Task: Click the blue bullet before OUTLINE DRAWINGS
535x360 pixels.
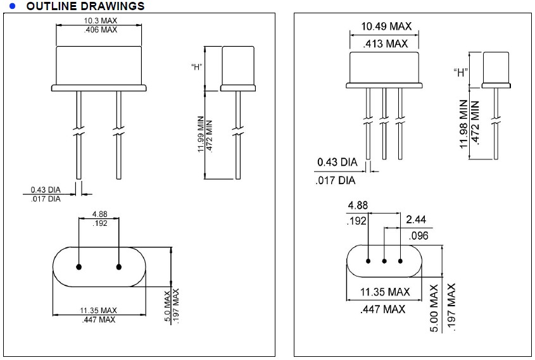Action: [12, 6]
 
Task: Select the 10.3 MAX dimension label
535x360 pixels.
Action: [100, 21]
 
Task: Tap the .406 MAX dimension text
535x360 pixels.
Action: [100, 30]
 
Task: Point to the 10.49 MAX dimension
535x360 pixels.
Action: [386, 26]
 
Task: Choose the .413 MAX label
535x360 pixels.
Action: [386, 44]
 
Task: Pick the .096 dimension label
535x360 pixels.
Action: [419, 236]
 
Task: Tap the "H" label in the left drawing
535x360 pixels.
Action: [196, 66]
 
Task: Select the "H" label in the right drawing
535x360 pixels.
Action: [460, 71]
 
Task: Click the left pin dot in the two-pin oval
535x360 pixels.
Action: [79, 266]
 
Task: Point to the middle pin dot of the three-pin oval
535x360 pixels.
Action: [384, 260]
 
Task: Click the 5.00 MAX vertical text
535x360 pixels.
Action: [434, 308]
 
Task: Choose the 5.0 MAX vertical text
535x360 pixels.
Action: [167, 307]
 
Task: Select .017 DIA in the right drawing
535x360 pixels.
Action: [335, 180]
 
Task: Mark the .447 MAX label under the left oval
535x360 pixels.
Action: [98, 320]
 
